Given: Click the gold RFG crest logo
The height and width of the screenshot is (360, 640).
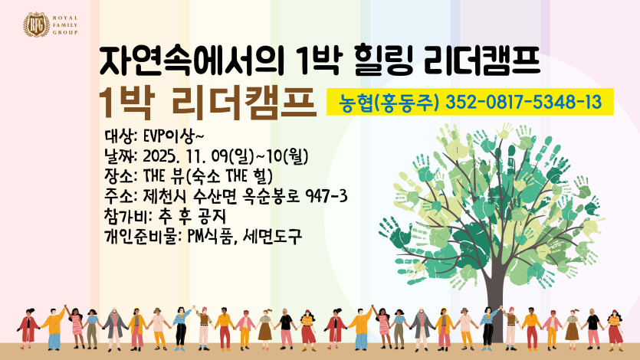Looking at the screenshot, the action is [x=36, y=25].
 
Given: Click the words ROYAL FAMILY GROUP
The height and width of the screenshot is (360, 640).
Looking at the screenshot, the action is [x=65, y=25].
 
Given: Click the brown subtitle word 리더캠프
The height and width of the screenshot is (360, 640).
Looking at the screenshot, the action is [x=244, y=103].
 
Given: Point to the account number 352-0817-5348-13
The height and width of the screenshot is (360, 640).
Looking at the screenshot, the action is [x=523, y=102].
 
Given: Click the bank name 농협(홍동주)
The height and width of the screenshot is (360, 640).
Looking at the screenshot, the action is [x=388, y=103].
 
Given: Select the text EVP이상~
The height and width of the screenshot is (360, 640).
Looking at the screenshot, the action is [x=173, y=136].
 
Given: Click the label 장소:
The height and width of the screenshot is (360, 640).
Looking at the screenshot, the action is [x=121, y=176].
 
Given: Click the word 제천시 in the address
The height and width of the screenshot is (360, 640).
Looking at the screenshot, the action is [x=165, y=197].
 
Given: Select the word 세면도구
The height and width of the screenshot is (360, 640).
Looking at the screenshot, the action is [x=272, y=237].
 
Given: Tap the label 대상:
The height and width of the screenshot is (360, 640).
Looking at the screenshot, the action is [x=121, y=136].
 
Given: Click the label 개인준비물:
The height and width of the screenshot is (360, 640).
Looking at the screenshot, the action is [x=143, y=237].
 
